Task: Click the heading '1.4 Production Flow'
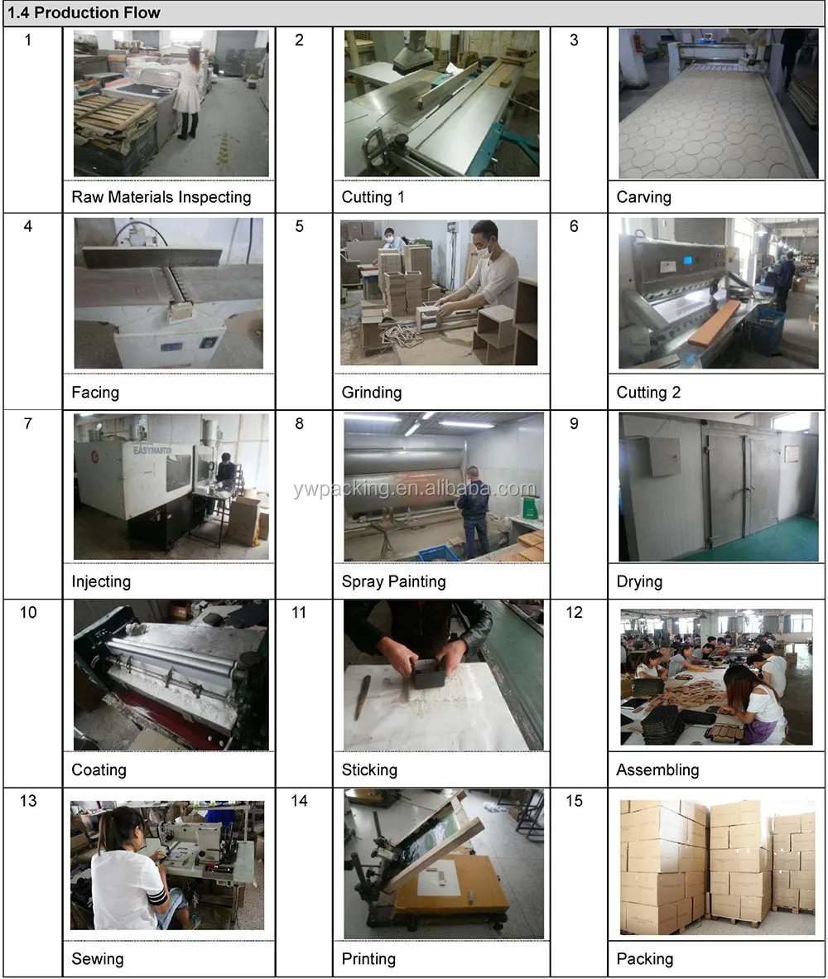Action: tap(84, 12)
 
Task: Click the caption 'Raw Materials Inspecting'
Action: tap(161, 197)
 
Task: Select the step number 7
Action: tap(28, 423)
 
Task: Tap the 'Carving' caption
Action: tap(644, 197)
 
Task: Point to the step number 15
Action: tap(574, 800)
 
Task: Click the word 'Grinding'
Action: tap(372, 393)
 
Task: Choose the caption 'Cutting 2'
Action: tap(648, 393)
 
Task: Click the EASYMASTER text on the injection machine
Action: tap(152, 450)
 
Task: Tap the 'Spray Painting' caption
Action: tap(394, 582)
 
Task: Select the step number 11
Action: tap(299, 612)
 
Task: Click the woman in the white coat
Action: tap(188, 93)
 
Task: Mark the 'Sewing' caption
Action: tap(98, 958)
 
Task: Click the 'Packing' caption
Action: tap(645, 959)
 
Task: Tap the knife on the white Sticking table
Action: tap(362, 697)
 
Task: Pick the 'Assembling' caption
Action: tap(657, 769)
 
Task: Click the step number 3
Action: tap(574, 40)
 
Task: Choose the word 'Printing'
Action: tap(368, 959)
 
